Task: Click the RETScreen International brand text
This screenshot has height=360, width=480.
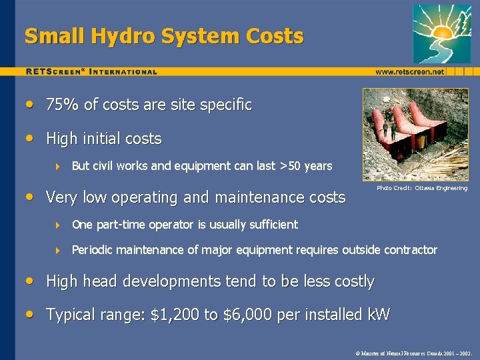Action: coord(91,71)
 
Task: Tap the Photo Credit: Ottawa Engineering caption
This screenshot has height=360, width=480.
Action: coord(422,188)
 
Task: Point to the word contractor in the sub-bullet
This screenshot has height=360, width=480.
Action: coord(411,250)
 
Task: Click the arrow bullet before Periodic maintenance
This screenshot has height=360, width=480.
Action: coord(57,251)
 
